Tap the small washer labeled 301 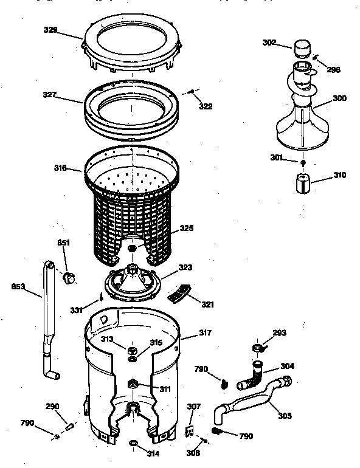[x=302, y=162]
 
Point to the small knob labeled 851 [x=69, y=278]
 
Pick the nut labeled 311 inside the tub [x=133, y=384]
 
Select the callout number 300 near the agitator [x=339, y=98]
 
